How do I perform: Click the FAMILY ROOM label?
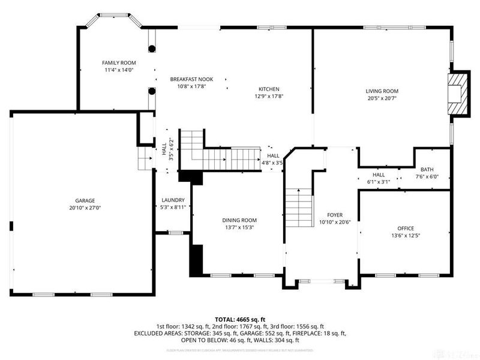pos(118,62)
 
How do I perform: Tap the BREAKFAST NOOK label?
pos(191,79)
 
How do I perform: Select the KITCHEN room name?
pos(269,89)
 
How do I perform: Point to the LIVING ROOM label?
pos(382,91)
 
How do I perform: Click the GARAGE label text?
pos(85,200)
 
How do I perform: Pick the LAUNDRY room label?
pos(173,200)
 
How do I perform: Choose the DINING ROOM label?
pos(239,220)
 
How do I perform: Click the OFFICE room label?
pos(405,229)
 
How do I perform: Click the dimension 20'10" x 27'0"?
pos(85,208)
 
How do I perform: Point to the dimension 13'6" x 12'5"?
pos(405,236)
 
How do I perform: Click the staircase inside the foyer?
pos(298,206)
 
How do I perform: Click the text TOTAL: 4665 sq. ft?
pos(240,319)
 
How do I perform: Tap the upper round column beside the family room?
pos(152,48)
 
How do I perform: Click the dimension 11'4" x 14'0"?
pos(118,70)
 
